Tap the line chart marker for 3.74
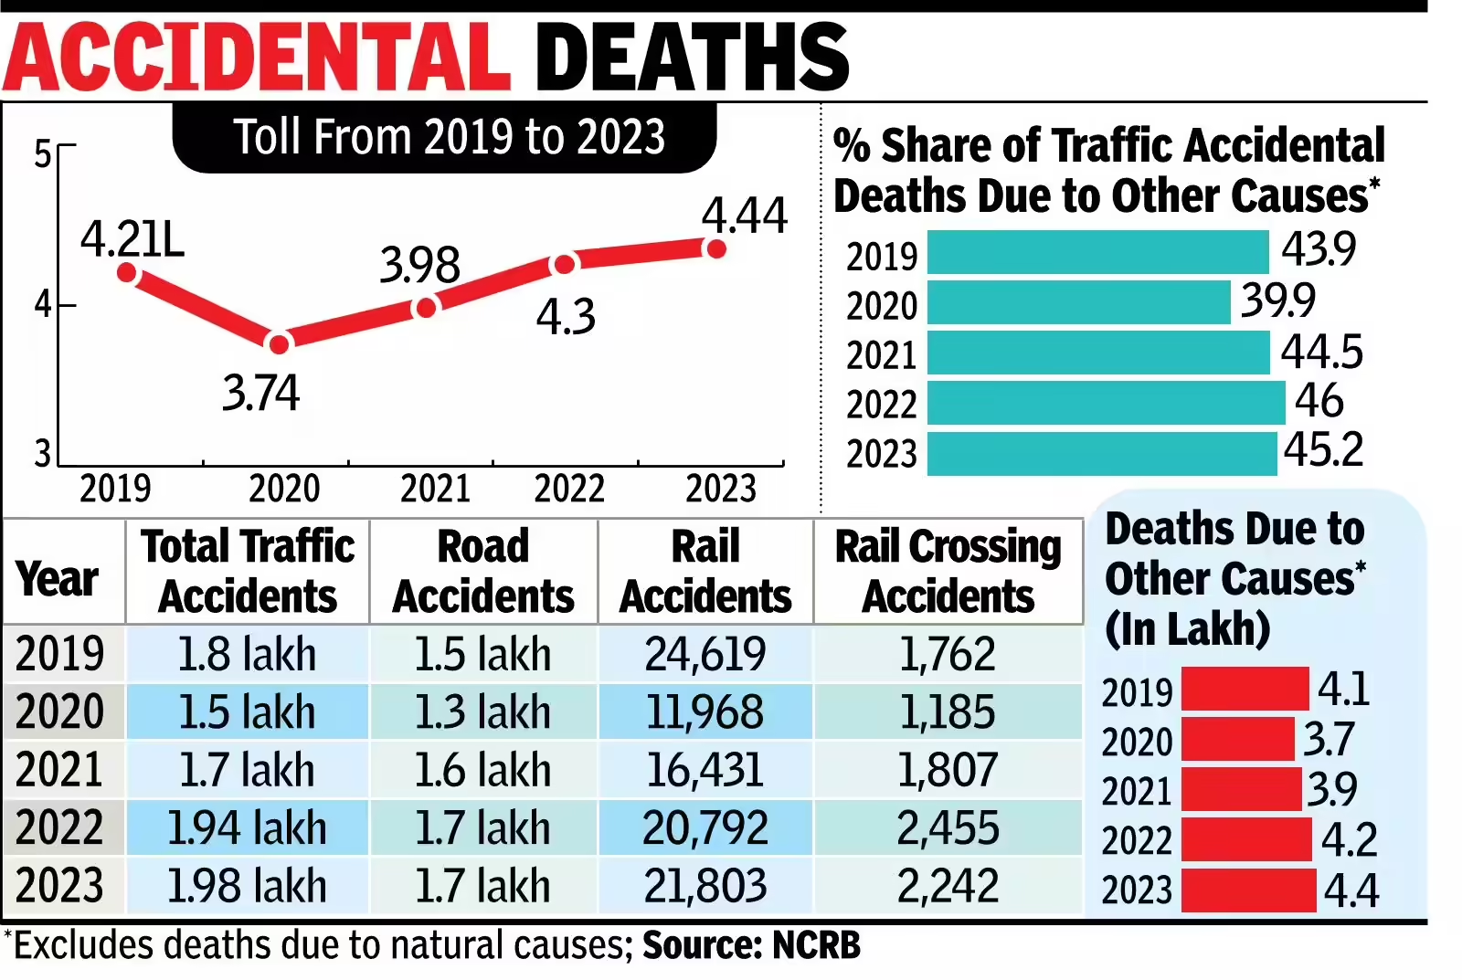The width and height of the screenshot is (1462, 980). tap(279, 343)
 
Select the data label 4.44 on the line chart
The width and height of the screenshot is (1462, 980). tap(744, 216)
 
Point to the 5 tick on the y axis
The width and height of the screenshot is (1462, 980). tap(43, 154)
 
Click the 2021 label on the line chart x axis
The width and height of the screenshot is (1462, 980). tap(435, 489)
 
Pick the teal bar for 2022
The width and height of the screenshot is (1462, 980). tap(1106, 403)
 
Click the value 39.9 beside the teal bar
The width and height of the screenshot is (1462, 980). tap(1277, 300)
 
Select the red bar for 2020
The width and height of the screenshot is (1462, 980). tap(1237, 739)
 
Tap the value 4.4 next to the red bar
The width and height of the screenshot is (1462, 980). tap(1351, 890)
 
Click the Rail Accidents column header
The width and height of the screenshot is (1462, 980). tap(705, 572)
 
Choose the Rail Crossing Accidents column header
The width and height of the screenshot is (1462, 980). tap(948, 572)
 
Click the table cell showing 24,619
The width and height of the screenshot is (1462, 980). tap(705, 654)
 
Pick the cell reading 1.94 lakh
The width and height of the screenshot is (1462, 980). tap(247, 828)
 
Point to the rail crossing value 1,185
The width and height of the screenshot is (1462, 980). tap(948, 712)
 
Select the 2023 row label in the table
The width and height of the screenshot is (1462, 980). tap(60, 886)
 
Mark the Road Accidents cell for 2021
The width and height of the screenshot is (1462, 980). tap(482, 770)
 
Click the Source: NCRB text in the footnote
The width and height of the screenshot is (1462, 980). tap(751, 946)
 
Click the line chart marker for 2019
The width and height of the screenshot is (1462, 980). tap(127, 272)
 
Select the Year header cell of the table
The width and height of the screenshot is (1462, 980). tap(58, 579)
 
